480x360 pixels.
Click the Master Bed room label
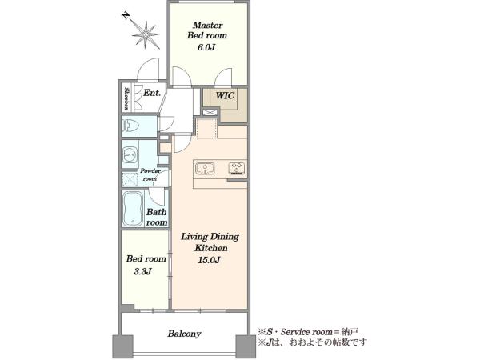207,30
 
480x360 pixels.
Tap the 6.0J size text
206,47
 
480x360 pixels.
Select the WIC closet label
225,95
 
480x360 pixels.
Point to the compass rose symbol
146,35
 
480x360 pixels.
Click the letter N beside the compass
125,16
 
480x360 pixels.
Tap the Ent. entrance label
152,93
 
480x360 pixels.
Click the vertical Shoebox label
126,99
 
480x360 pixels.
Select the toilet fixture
130,126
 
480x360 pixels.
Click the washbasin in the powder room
130,154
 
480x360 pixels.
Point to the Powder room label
150,174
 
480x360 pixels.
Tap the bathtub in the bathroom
133,209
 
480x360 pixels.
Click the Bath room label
157,217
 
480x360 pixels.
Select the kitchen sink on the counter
205,168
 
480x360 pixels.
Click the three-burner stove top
237,169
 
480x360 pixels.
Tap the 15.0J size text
210,261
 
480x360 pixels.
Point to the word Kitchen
211,248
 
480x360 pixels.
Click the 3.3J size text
143,271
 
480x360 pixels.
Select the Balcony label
184,334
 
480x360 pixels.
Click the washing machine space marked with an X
130,179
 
